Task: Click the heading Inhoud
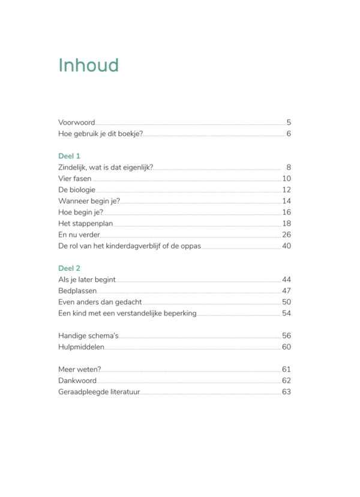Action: coord(88,65)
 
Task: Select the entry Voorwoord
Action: coord(76,122)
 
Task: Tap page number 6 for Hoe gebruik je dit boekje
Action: coord(289,133)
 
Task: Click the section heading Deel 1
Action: coord(69,156)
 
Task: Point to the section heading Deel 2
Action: coord(69,269)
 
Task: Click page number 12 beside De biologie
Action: coord(286,190)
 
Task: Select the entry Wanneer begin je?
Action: coord(88,201)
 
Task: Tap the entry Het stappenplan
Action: coord(85,224)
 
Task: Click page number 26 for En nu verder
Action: coord(286,234)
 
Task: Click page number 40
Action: coord(286,246)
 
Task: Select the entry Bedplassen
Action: coord(77,291)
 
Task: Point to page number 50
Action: coord(286,302)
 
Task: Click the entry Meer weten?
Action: coord(79,369)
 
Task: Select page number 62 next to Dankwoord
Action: coord(286,381)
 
